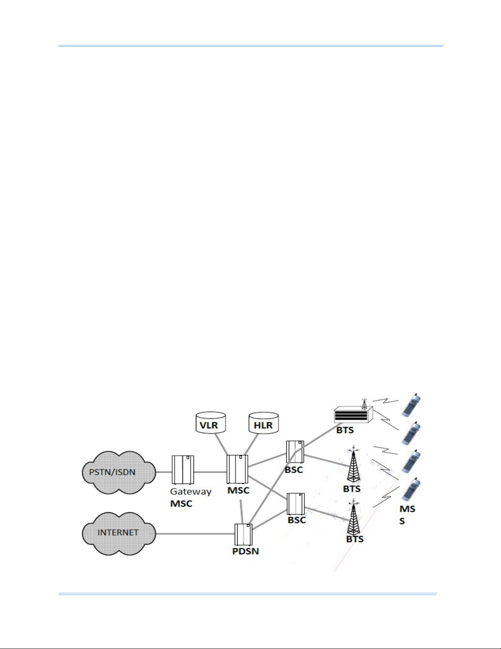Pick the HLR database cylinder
pyautogui.click(x=263, y=423)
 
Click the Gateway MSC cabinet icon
pyautogui.click(x=182, y=469)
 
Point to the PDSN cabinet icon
pyautogui.click(x=243, y=534)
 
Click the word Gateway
pyautogui.click(x=191, y=491)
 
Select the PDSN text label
pyautogui.click(x=245, y=551)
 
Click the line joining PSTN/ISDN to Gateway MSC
pyautogui.click(x=163, y=472)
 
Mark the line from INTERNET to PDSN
pyautogui.click(x=195, y=534)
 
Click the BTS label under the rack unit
pyautogui.click(x=345, y=430)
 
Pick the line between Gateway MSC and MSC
pyautogui.click(x=210, y=472)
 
